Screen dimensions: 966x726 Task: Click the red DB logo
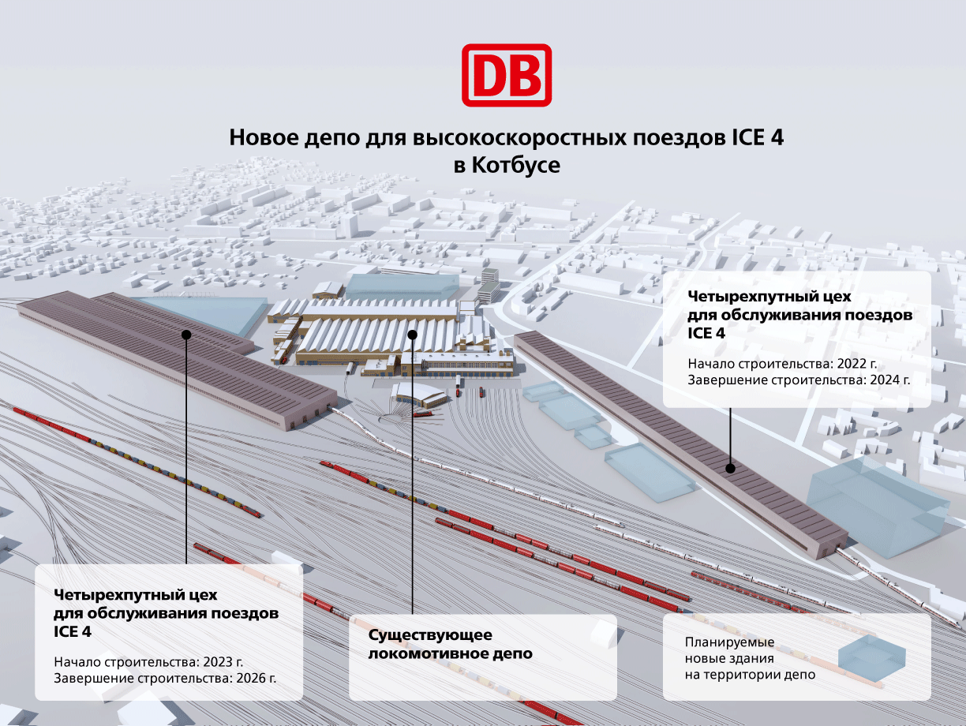click(x=507, y=75)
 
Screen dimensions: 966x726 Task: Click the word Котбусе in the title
click(x=516, y=166)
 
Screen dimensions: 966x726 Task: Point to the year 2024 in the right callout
click(x=886, y=380)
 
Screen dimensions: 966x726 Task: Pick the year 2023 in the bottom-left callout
click(x=219, y=662)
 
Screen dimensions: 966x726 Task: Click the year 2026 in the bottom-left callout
click(x=253, y=678)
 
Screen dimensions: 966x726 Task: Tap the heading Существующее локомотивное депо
click(x=450, y=644)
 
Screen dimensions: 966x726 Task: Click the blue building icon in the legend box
click(x=872, y=658)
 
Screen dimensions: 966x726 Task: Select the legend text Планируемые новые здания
click(x=730, y=650)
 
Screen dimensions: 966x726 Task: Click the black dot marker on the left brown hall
click(x=186, y=335)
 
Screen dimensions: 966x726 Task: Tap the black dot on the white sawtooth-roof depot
click(x=413, y=335)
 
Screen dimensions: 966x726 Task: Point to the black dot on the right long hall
click(x=731, y=469)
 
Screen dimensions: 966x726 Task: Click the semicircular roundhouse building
click(x=421, y=395)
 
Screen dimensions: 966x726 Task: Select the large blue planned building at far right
click(x=876, y=506)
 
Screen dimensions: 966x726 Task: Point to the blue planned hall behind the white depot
click(x=402, y=287)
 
